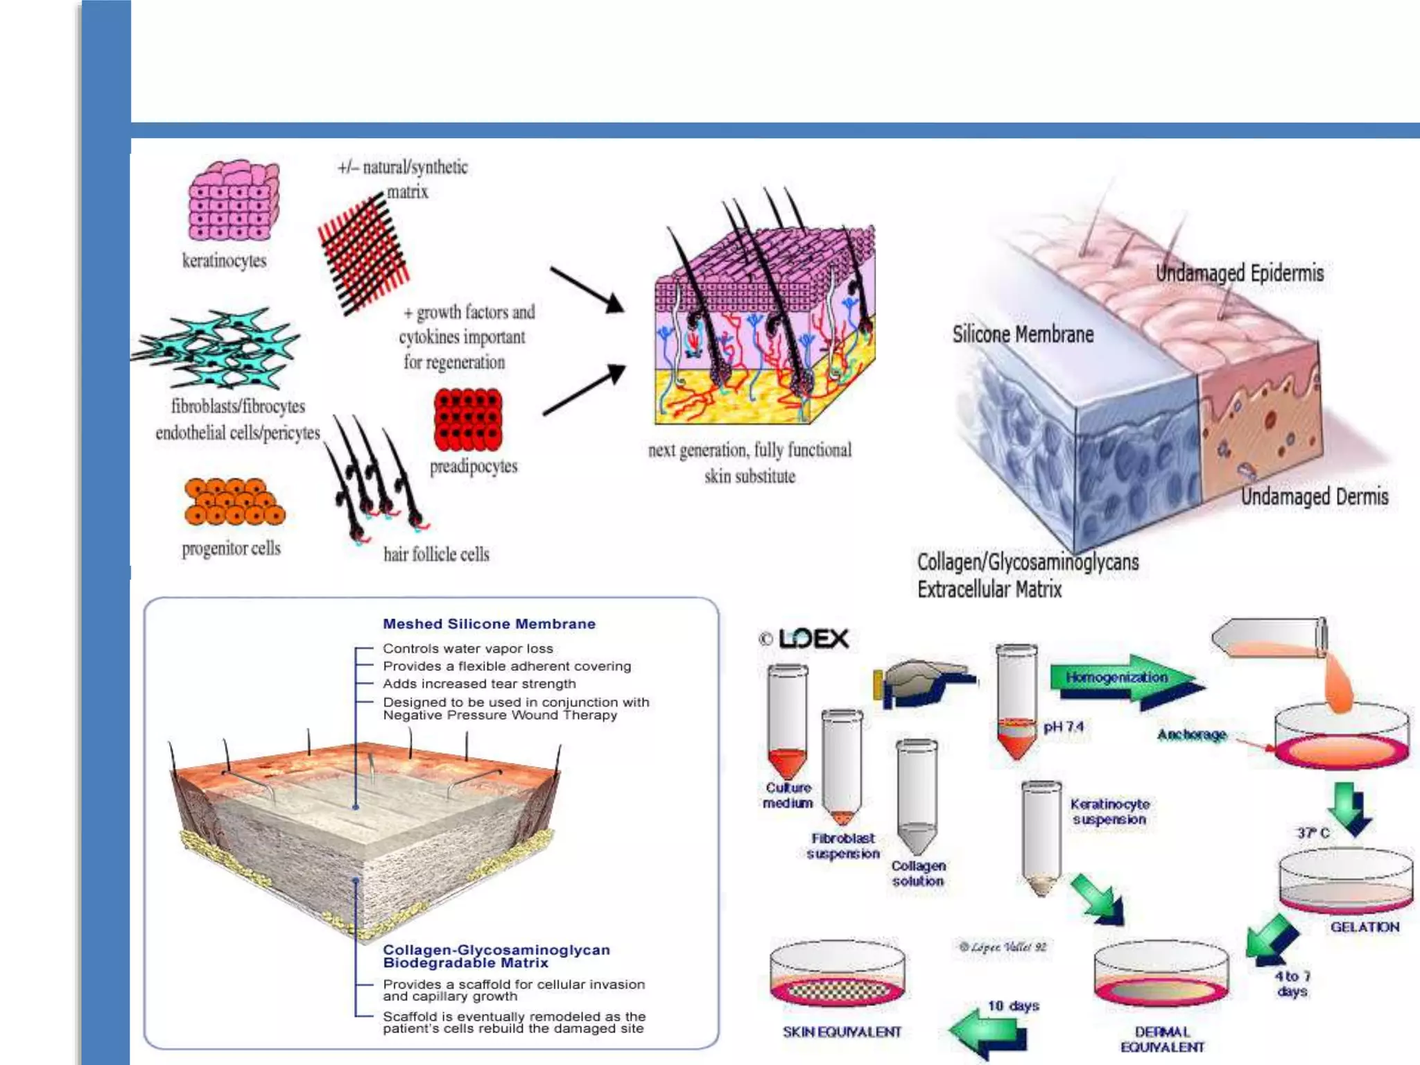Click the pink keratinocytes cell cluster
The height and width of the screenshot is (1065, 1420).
coord(234,201)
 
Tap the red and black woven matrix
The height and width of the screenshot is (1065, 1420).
coord(363,253)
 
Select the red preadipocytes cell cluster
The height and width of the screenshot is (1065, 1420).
coord(468,419)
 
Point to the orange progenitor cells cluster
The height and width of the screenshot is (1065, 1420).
coord(234,501)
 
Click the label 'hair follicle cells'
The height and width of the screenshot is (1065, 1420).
coord(436,554)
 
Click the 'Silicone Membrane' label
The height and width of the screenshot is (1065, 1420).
coord(1023,334)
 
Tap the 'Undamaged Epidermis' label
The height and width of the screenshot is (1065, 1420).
coord(1239,273)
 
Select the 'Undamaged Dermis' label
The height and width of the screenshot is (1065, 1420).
coord(1314,496)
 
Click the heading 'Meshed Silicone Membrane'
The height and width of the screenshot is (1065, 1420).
coord(489,624)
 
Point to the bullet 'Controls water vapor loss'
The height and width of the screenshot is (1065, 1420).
coord(468,649)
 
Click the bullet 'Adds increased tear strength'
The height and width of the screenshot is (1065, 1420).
coord(479,684)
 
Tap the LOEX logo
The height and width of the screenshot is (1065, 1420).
coord(805,639)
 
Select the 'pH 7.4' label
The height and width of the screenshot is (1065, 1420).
coord(1064,727)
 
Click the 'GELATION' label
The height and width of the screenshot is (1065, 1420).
coord(1364,927)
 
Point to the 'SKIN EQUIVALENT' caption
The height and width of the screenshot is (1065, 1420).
coord(842,1032)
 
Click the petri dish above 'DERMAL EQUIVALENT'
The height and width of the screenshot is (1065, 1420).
coord(1161,978)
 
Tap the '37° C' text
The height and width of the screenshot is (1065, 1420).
coord(1313,833)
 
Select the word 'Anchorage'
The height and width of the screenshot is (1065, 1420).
coord(1191,734)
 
